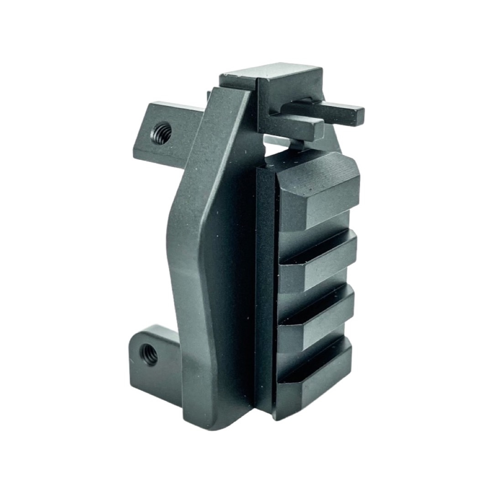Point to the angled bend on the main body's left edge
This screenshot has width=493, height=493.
click(x=176, y=228)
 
